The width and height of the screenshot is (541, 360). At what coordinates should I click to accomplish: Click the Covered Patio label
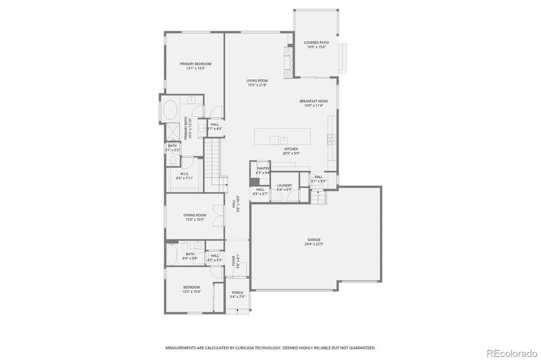tap(315, 43)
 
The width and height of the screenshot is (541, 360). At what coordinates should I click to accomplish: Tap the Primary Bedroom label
tap(195, 64)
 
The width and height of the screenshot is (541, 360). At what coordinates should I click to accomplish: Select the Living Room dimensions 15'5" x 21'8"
tap(257, 85)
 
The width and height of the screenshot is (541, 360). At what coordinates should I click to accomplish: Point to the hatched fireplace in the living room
tap(289, 61)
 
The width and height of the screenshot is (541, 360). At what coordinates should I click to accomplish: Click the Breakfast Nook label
tap(313, 101)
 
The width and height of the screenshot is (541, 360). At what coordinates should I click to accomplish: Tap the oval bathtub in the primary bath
tap(171, 112)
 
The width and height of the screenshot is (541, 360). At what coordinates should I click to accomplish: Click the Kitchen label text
tap(291, 148)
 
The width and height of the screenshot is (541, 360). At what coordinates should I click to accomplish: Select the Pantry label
tap(263, 169)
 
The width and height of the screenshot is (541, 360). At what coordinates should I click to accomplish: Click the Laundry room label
tap(284, 185)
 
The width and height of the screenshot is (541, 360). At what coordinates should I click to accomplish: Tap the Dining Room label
tap(195, 215)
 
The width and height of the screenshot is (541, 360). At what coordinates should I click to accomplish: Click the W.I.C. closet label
tap(185, 174)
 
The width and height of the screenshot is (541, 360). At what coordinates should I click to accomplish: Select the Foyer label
tap(234, 260)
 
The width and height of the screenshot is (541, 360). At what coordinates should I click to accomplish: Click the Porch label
tap(238, 292)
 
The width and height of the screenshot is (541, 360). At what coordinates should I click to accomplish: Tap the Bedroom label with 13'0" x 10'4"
tap(192, 287)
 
